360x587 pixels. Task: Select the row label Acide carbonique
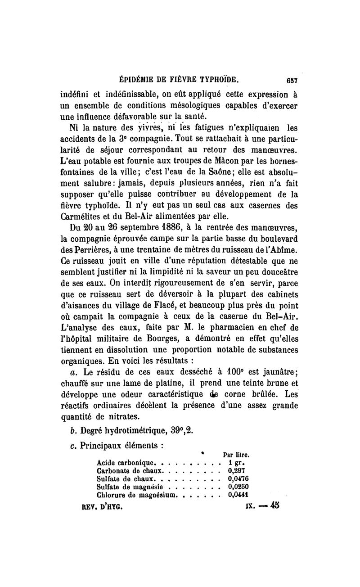click(x=126, y=463)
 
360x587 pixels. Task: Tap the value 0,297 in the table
click(x=236, y=470)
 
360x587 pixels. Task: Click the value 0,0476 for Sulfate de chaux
click(x=238, y=479)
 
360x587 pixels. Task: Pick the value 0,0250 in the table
click(x=238, y=487)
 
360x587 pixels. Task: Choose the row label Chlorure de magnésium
click(x=137, y=495)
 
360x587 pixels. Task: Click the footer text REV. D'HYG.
click(x=101, y=506)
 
